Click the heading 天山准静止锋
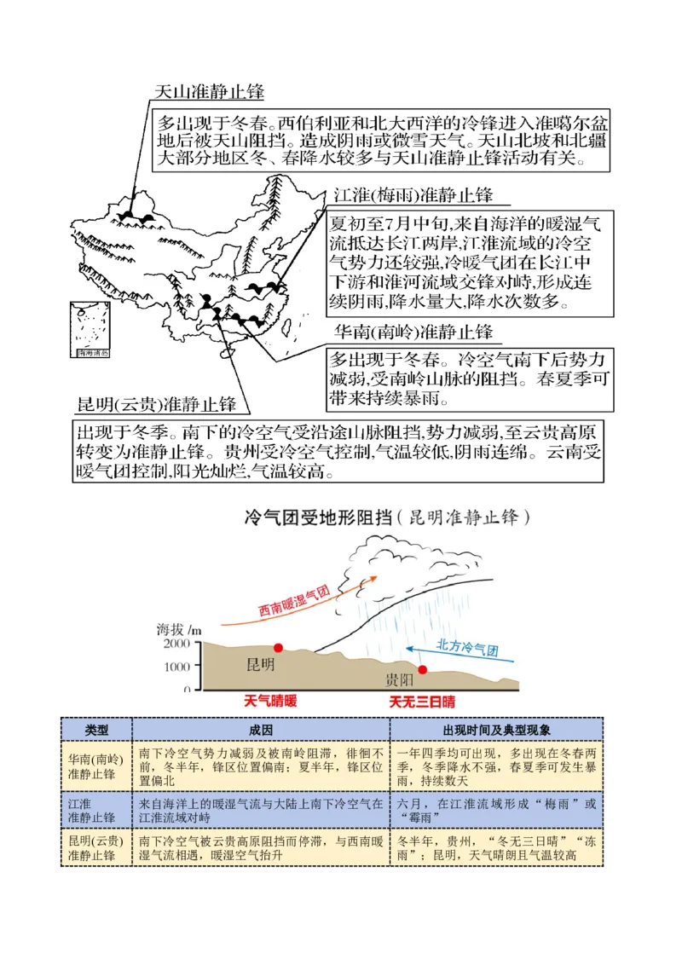(x=209, y=92)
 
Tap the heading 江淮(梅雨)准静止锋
(x=413, y=195)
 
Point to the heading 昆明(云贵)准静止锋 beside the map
(x=157, y=403)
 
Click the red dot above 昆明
(x=278, y=648)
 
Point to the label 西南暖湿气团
(x=294, y=601)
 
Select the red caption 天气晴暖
(x=270, y=702)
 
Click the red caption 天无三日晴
(x=422, y=702)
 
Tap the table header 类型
(x=96, y=731)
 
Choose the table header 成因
(x=261, y=731)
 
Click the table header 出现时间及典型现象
(x=496, y=731)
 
